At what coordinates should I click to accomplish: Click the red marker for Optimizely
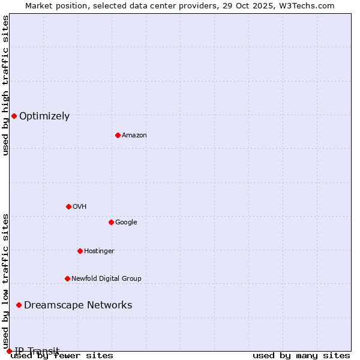click(14, 116)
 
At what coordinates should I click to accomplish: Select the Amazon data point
click(118, 135)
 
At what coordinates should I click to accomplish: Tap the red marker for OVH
click(68, 206)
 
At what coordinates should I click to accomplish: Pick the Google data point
click(111, 222)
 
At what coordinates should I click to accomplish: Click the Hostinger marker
click(80, 251)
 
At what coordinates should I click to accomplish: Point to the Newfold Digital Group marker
click(67, 278)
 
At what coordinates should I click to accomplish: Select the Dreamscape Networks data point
click(19, 305)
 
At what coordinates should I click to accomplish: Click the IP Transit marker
click(9, 351)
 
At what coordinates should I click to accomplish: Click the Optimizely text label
click(44, 116)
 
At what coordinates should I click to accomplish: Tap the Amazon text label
click(134, 136)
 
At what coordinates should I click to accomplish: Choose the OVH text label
click(80, 207)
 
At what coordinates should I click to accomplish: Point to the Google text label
click(126, 223)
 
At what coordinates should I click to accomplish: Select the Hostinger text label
click(99, 251)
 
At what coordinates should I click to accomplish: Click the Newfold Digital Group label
click(106, 279)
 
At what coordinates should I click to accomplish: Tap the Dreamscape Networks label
click(78, 305)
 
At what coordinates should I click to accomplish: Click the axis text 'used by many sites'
click(301, 356)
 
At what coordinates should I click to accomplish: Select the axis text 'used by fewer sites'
click(62, 356)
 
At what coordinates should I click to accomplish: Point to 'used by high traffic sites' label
click(6, 85)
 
